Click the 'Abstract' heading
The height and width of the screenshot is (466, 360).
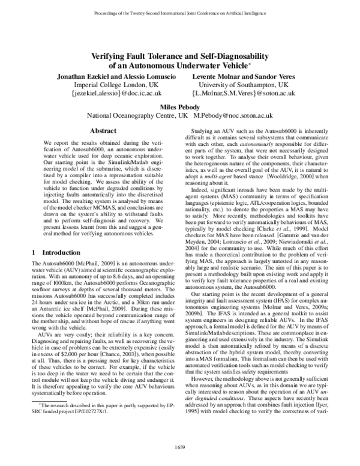[x=103, y=130]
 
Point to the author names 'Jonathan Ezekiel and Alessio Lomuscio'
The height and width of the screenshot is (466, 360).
[x=108, y=76]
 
